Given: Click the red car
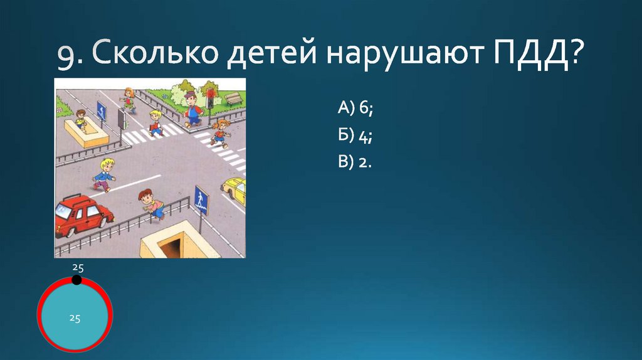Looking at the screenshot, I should [x=82, y=215].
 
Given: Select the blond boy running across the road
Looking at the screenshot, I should [x=105, y=174].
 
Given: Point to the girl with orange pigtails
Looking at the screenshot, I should [x=219, y=132].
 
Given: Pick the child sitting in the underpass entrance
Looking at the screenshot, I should [x=80, y=119].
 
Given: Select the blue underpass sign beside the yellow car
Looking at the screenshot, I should [x=201, y=200].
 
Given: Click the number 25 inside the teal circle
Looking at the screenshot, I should [x=75, y=318].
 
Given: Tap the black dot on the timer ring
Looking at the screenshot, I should [x=76, y=280].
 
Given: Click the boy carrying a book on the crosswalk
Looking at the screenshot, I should [x=155, y=123].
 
